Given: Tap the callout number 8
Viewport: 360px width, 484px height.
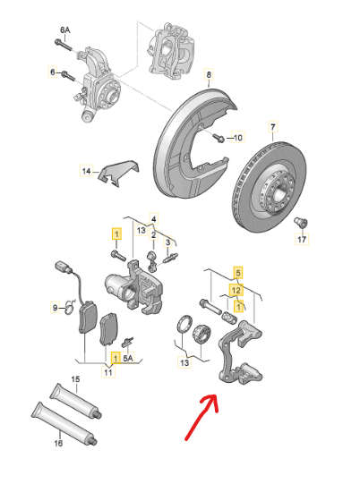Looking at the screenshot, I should click(209, 74).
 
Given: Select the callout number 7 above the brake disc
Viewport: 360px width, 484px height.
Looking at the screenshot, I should click(273, 128).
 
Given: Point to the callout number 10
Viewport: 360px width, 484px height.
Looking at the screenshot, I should click(237, 139).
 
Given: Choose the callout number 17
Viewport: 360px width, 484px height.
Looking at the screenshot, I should click(302, 240).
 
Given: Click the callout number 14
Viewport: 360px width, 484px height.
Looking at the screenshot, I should click(87, 170).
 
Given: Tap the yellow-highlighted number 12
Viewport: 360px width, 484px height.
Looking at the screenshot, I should click(237, 289).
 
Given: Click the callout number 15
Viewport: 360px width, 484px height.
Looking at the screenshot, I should click(76, 380).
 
